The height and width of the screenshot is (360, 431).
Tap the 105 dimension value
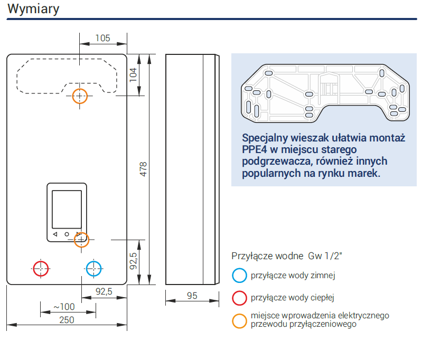[x=102, y=38]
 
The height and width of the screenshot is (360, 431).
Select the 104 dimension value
[x=133, y=73]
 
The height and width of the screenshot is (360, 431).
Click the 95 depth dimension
[x=192, y=296]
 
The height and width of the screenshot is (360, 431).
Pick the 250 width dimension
[x=67, y=319]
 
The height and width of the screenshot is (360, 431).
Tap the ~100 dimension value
[x=64, y=307]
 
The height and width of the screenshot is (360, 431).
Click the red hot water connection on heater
[x=41, y=268]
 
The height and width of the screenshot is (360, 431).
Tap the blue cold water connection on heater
[x=93, y=268]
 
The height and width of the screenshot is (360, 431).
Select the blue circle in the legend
[x=239, y=276]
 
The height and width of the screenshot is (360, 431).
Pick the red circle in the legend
[x=239, y=298]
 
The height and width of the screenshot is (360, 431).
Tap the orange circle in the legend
[x=239, y=320]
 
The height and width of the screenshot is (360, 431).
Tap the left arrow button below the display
[x=54, y=234]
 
